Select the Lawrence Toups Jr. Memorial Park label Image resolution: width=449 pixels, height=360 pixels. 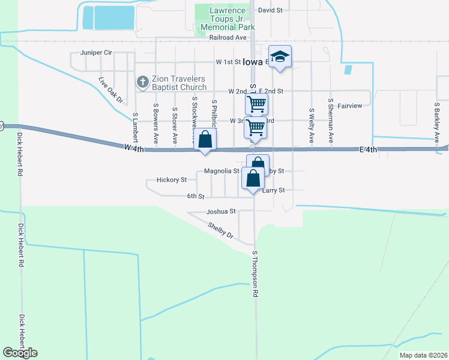point(228,19)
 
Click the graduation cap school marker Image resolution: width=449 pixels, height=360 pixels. point(279,57)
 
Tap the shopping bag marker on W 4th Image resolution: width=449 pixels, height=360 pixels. point(205,139)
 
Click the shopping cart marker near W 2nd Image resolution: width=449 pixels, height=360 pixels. point(256,104)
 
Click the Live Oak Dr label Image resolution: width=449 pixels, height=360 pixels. point(110,89)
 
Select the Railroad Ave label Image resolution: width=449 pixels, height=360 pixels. point(229,37)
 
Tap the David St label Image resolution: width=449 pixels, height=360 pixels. point(270,10)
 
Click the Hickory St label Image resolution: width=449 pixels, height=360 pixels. point(172,179)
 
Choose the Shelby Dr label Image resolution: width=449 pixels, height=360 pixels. point(220,230)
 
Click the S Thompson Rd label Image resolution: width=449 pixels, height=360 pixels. point(255,275)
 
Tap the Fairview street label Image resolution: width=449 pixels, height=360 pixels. point(350,106)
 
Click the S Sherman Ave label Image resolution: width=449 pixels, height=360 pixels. point(330,120)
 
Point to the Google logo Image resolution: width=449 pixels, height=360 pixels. point(20,353)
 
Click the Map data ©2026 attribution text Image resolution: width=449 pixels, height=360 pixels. point(423,355)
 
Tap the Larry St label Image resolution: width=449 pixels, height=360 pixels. point(274,190)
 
